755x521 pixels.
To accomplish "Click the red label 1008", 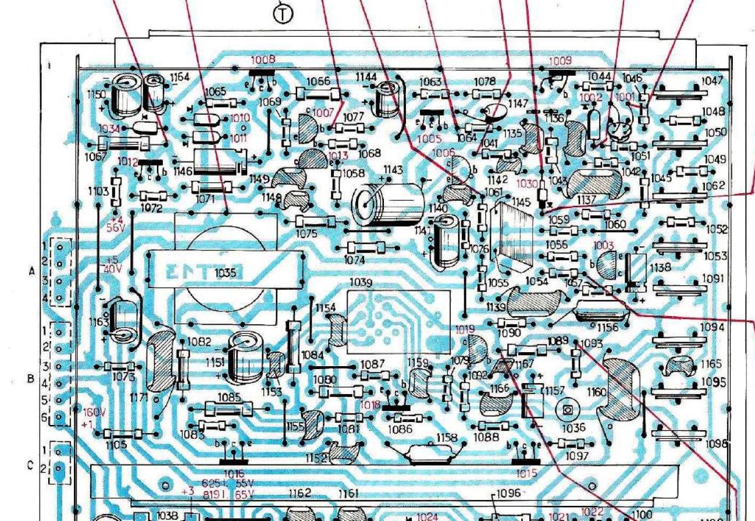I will coord(263,59).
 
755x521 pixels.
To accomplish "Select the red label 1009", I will coord(560,60).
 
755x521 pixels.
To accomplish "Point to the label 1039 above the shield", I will coord(361,282).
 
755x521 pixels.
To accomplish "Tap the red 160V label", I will coord(95,412).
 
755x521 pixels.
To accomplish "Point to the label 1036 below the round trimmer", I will coord(574,428).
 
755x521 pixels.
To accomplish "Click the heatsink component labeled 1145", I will coord(512,233).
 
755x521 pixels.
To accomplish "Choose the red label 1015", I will coord(526,474).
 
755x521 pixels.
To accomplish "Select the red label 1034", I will coord(111,128).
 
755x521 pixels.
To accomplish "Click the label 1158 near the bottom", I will coord(447,437).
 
